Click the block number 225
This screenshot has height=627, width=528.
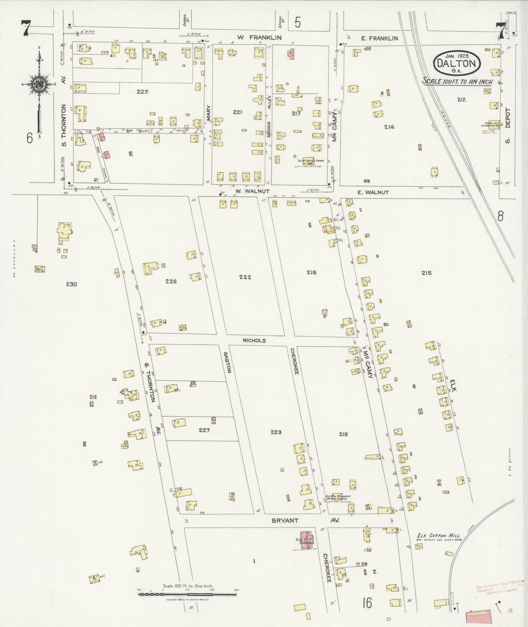click(142, 92)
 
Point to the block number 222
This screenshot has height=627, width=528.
click(245, 277)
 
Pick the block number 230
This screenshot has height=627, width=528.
click(71, 284)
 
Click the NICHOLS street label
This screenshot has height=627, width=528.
click(254, 340)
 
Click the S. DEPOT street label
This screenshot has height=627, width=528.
click(507, 125)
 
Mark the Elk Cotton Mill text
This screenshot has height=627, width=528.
click(438, 536)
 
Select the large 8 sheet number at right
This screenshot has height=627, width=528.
click(500, 216)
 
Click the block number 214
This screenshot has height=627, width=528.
click(389, 127)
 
